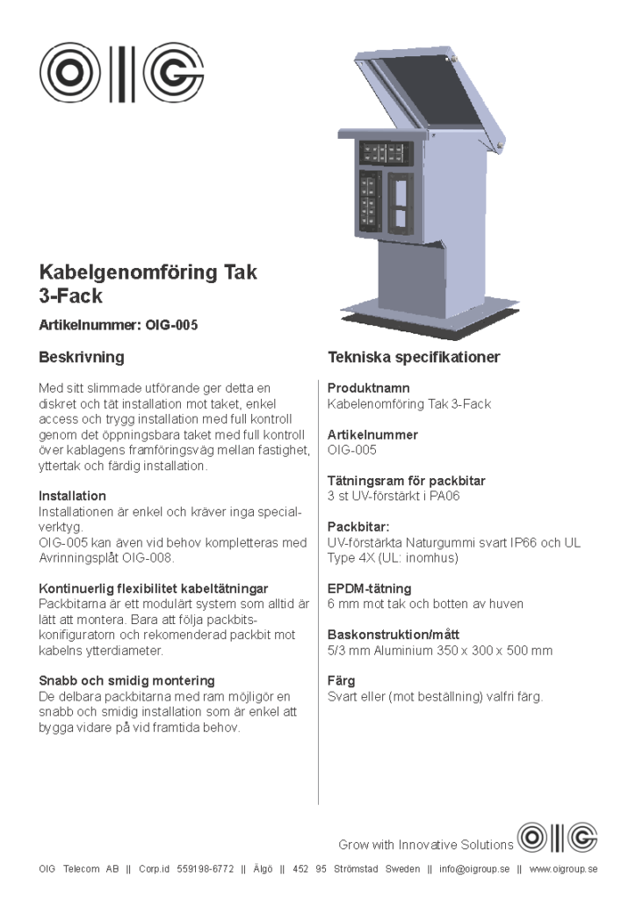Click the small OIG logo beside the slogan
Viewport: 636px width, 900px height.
pos(557,838)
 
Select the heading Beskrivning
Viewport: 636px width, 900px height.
pos(82,358)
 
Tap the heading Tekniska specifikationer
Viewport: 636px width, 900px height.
pos(414,358)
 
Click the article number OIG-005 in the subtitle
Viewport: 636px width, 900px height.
pos(172,325)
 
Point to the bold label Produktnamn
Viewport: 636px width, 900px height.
pos(369,388)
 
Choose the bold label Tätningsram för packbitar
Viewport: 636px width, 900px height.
pos(406,481)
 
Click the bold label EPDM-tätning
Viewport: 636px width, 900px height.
pos(369,589)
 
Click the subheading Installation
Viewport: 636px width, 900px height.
pos(72,497)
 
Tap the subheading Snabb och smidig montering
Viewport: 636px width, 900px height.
pos(126,681)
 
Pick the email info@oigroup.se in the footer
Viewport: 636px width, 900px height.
pos(474,869)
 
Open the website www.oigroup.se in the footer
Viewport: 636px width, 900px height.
pos(563,869)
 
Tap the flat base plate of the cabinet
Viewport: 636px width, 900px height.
pos(413,323)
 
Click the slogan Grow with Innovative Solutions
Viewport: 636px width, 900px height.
pos(426,846)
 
